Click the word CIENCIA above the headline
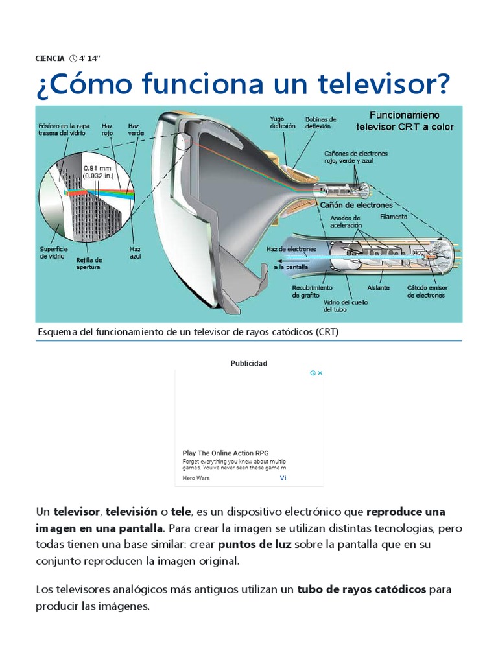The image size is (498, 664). pos(50,58)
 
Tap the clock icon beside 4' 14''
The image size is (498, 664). pos(73,58)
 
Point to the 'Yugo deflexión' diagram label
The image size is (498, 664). pos(283,122)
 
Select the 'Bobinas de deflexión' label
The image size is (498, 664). pos(321,122)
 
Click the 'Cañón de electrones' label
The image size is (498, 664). pos(357,205)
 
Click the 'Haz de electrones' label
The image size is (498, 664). pos(291,249)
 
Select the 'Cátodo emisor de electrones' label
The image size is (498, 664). pos(426,291)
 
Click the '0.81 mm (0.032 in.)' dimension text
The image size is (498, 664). pos(97,171)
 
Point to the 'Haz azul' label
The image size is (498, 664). pos(135,252)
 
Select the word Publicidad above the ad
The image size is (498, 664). pos(249,363)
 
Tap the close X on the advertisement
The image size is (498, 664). pos(320,373)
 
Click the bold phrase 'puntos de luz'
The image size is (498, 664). pos(255,544)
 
